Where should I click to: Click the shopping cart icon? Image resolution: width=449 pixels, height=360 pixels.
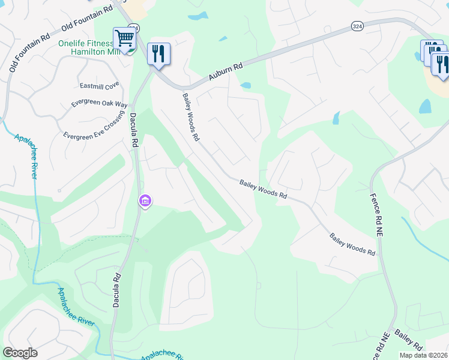(124, 38)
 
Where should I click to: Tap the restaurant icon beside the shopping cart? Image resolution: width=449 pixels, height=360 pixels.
(158, 53)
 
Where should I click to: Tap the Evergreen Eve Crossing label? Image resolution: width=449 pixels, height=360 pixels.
(93, 126)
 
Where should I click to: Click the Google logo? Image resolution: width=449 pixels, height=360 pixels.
(20, 353)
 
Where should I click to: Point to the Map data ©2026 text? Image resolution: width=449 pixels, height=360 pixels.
(423, 355)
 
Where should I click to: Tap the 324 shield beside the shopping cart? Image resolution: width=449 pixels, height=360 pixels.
(134, 27)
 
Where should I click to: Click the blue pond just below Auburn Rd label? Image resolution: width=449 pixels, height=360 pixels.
(245, 85)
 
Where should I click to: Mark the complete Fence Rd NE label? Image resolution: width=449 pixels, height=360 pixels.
(379, 211)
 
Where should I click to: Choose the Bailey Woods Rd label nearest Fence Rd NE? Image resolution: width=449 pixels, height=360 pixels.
(352, 245)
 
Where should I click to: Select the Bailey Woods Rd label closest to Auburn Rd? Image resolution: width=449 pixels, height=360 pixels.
(191, 116)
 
